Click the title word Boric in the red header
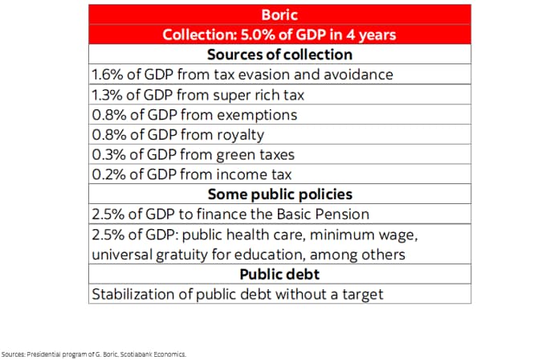click(x=279, y=15)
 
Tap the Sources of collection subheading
click(x=279, y=55)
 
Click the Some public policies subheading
click(x=279, y=194)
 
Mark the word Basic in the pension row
click(x=301, y=215)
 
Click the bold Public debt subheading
click(x=279, y=274)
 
